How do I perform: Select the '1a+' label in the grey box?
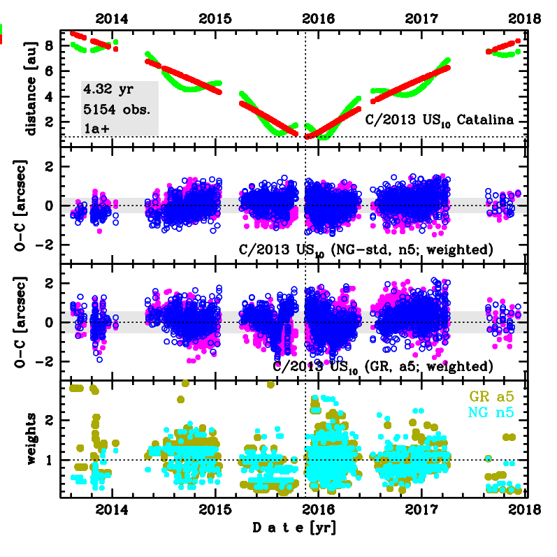pos(96,128)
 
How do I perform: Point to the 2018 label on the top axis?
pos(526,20)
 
